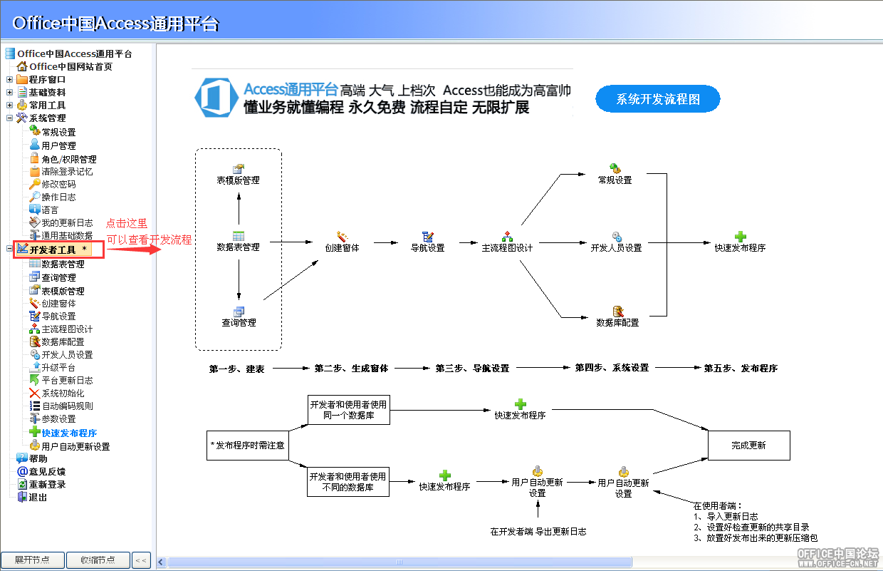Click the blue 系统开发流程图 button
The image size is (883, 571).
coord(657,98)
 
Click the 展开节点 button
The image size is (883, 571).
coord(32,560)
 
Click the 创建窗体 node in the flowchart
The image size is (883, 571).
coord(342,242)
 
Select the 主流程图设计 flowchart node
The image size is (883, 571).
coord(507,242)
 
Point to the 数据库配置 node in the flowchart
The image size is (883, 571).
coord(617,317)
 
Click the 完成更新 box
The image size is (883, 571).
coord(749,445)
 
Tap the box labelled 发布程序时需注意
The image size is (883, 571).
coord(248,445)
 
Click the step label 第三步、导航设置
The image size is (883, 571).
coord(472,368)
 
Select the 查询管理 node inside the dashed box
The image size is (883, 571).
coord(239,317)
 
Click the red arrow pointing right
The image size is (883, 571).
coord(134,250)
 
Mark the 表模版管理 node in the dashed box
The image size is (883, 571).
coord(238,175)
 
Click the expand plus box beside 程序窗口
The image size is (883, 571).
coord(9,79)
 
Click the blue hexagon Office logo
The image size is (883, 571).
coord(216,98)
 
